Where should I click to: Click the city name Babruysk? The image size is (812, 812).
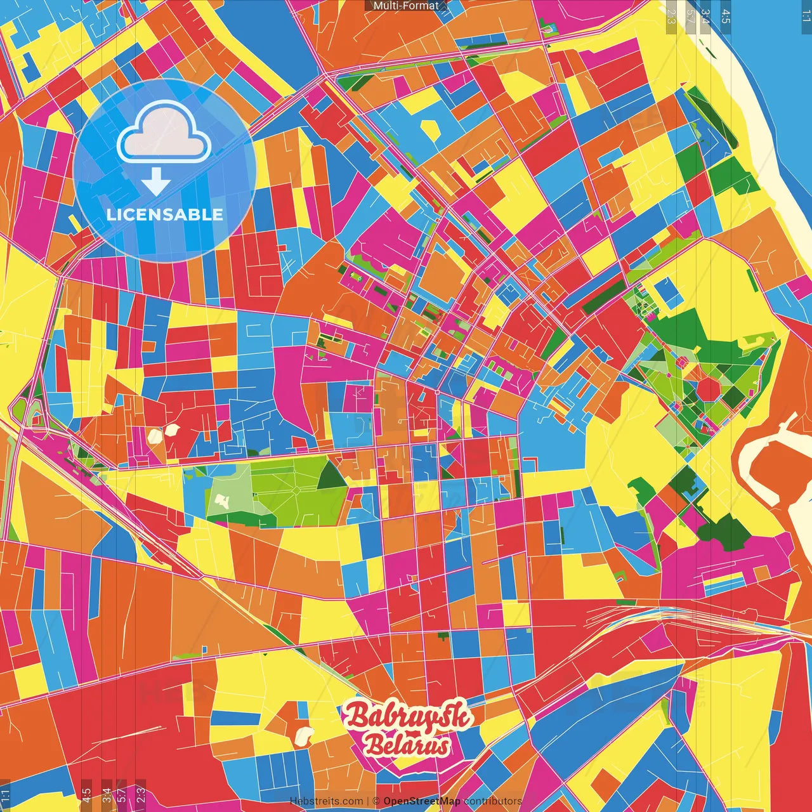click(407, 717)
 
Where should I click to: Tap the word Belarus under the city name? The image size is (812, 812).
click(407, 746)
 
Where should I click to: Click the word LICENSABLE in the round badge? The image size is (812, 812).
click(165, 214)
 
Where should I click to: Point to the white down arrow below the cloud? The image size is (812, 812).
click(156, 181)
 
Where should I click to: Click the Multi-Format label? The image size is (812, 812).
click(406, 6)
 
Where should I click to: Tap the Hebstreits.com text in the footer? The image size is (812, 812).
click(326, 801)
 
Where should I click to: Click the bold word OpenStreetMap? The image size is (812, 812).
click(422, 801)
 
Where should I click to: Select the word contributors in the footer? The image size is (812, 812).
click(493, 801)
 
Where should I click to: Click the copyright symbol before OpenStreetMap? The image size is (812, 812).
click(376, 801)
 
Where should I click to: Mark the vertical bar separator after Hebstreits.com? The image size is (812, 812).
click(368, 801)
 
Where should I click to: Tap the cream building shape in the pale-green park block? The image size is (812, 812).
click(222, 501)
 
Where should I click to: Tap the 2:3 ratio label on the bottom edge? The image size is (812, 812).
click(141, 794)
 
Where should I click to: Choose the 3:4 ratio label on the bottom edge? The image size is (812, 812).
click(107, 794)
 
